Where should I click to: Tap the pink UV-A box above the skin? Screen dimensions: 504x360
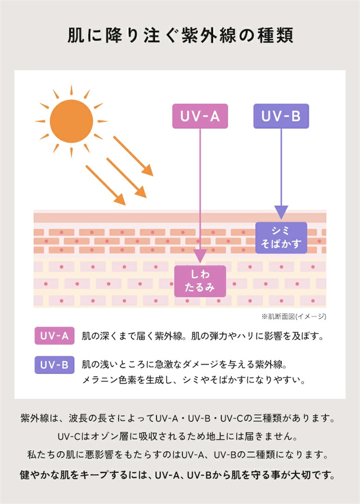tap(200, 116)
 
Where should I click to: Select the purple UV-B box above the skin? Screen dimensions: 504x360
tap(281, 116)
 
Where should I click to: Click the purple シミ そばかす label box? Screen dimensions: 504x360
tap(281, 237)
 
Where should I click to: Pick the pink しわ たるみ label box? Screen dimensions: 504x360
tap(200, 281)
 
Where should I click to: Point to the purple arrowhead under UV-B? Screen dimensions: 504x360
tap(281, 212)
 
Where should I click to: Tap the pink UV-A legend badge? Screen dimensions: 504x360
tap(55, 336)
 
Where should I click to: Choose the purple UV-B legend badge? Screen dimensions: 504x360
tap(55, 364)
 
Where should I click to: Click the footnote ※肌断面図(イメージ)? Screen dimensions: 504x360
tap(294, 317)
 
